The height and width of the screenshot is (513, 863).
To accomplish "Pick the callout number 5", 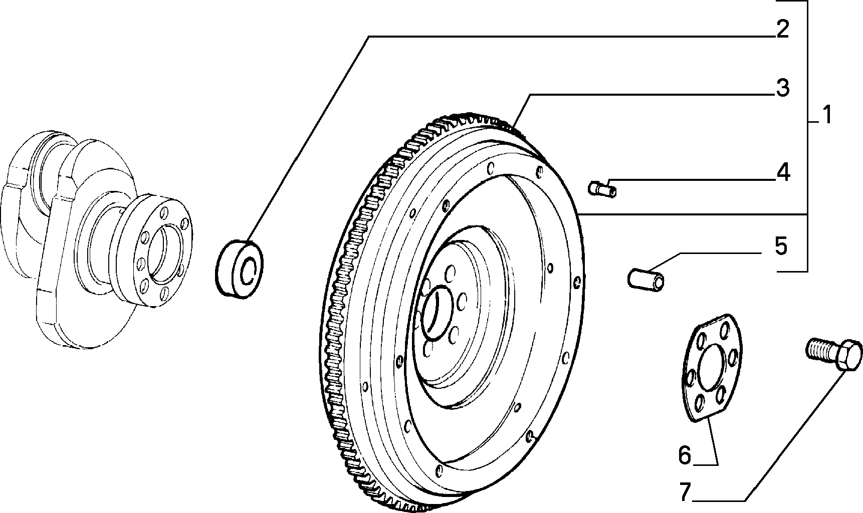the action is (x=781, y=246).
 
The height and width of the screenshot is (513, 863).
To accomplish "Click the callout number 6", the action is (x=685, y=455).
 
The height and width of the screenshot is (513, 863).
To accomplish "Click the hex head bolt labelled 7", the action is (x=834, y=354).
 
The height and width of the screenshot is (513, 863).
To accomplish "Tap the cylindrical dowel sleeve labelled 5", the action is (x=647, y=278).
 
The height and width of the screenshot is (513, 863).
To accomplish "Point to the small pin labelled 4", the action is (x=602, y=189).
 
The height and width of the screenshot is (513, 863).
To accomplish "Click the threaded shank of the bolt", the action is (x=821, y=349).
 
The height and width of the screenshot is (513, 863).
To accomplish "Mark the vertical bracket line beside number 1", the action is (x=807, y=135).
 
